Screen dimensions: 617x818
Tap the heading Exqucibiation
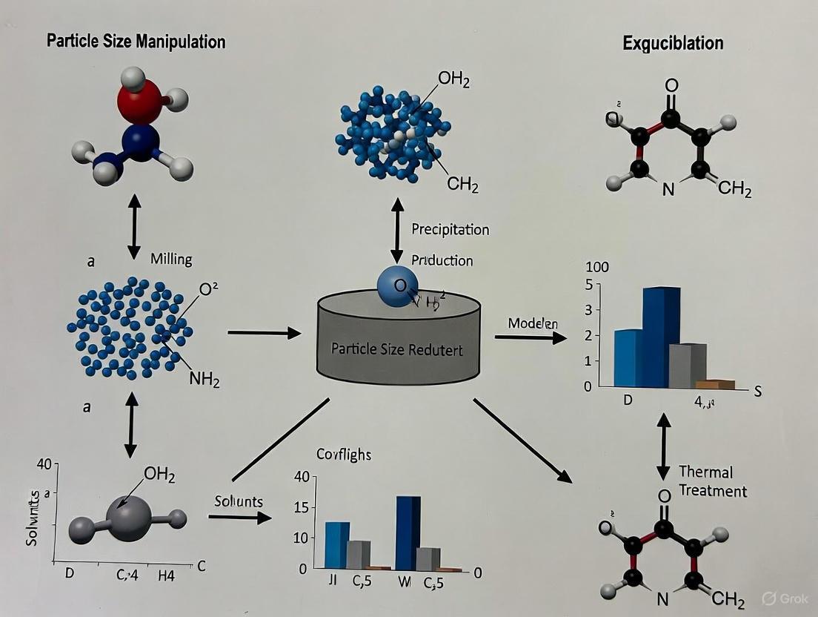pyautogui.click(x=672, y=42)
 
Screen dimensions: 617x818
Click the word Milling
pyautogui.click(x=171, y=259)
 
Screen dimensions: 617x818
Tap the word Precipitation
pyautogui.click(x=450, y=230)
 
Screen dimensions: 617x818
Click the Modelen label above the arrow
pyautogui.click(x=533, y=323)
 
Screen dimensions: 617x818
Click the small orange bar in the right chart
pyautogui.click(x=716, y=384)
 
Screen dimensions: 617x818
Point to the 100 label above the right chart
pyautogui.click(x=597, y=267)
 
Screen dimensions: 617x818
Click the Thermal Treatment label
pyautogui.click(x=712, y=481)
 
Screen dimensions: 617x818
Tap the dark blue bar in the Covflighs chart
pyautogui.click(x=408, y=532)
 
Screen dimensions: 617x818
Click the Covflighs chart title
pyautogui.click(x=343, y=455)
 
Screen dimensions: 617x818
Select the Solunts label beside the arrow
pyautogui.click(x=239, y=501)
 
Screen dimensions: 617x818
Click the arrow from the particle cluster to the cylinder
pyautogui.click(x=263, y=333)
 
